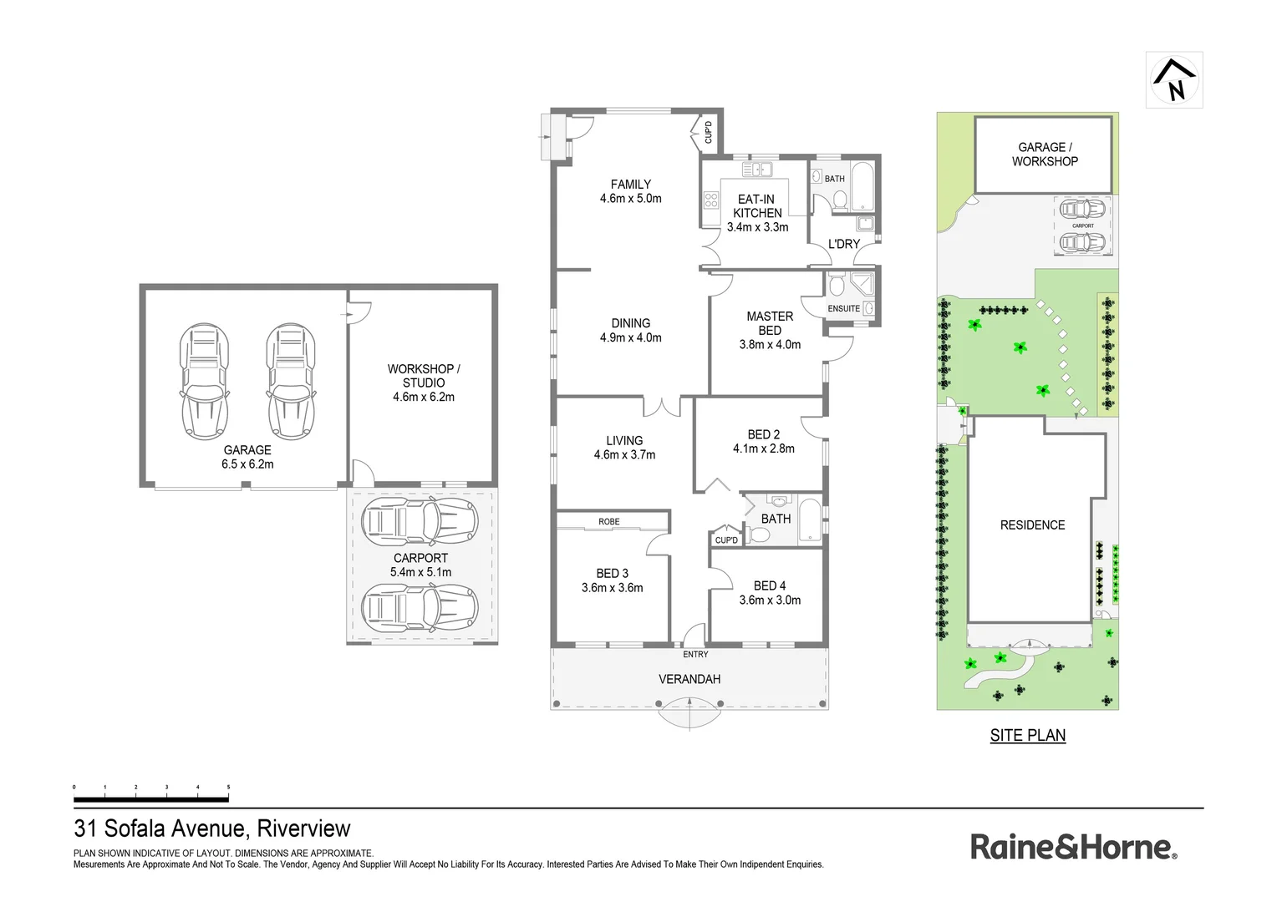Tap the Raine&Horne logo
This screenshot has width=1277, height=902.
[x=1073, y=847]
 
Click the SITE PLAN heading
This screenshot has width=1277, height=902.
[x=1027, y=736]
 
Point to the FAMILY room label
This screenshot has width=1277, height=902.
[x=630, y=185]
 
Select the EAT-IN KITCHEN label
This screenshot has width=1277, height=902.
[x=756, y=206]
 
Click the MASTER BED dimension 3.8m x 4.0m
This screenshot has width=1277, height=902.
[x=770, y=345]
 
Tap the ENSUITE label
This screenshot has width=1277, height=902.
[x=843, y=309]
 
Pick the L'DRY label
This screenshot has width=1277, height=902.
[x=843, y=245]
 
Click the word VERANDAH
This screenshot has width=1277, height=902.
[x=689, y=680]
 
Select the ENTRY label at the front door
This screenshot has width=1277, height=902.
[x=695, y=655]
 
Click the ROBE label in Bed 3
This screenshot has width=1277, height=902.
[x=608, y=522]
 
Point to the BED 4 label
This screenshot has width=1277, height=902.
[x=769, y=586]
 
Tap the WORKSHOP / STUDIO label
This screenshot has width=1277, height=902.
[x=424, y=376]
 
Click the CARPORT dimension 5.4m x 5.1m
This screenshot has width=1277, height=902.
[x=420, y=573]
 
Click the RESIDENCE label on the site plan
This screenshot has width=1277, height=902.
[x=1032, y=525]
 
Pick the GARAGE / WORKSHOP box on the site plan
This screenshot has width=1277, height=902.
[x=1044, y=155]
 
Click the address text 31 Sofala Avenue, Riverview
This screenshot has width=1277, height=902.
[x=212, y=829]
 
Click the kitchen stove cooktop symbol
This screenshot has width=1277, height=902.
[x=711, y=200]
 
